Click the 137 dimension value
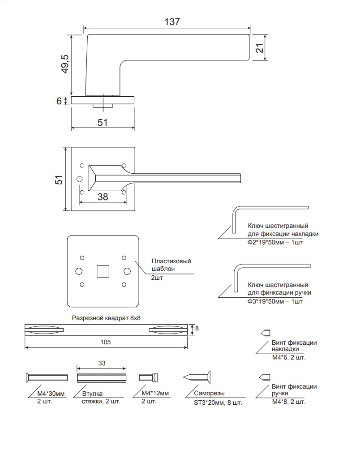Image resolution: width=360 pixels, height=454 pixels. (x=172, y=22)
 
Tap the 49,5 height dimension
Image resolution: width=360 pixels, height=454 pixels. (x=65, y=64)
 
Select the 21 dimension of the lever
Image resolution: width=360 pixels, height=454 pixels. (x=260, y=48)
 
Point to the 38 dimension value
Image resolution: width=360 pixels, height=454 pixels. (x=103, y=197)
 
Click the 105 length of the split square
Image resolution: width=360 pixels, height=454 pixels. (x=105, y=342)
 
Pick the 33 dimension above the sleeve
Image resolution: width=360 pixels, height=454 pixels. (x=102, y=364)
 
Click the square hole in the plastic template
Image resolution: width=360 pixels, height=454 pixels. (x=103, y=271)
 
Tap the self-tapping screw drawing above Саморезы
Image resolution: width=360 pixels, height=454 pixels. (x=197, y=377)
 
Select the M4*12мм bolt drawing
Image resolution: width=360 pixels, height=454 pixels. (x=149, y=377)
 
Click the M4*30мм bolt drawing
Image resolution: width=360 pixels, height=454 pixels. (x=47, y=377)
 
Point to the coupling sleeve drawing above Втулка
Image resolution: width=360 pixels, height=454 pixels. (x=102, y=377)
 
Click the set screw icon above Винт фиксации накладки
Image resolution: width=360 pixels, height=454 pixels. (x=266, y=333)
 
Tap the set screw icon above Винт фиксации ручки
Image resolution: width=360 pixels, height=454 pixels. (x=265, y=377)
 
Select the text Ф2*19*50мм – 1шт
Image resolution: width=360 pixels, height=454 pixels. (x=275, y=242)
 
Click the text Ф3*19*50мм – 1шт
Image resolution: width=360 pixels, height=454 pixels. (x=275, y=301)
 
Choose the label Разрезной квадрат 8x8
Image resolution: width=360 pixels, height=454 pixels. (x=106, y=318)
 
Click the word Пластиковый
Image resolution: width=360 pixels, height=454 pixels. (x=171, y=261)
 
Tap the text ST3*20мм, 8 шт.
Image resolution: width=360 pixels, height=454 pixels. (x=218, y=403)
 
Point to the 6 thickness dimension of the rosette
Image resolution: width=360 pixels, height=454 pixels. (x=59, y=101)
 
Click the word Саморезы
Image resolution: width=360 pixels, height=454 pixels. (x=209, y=393)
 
